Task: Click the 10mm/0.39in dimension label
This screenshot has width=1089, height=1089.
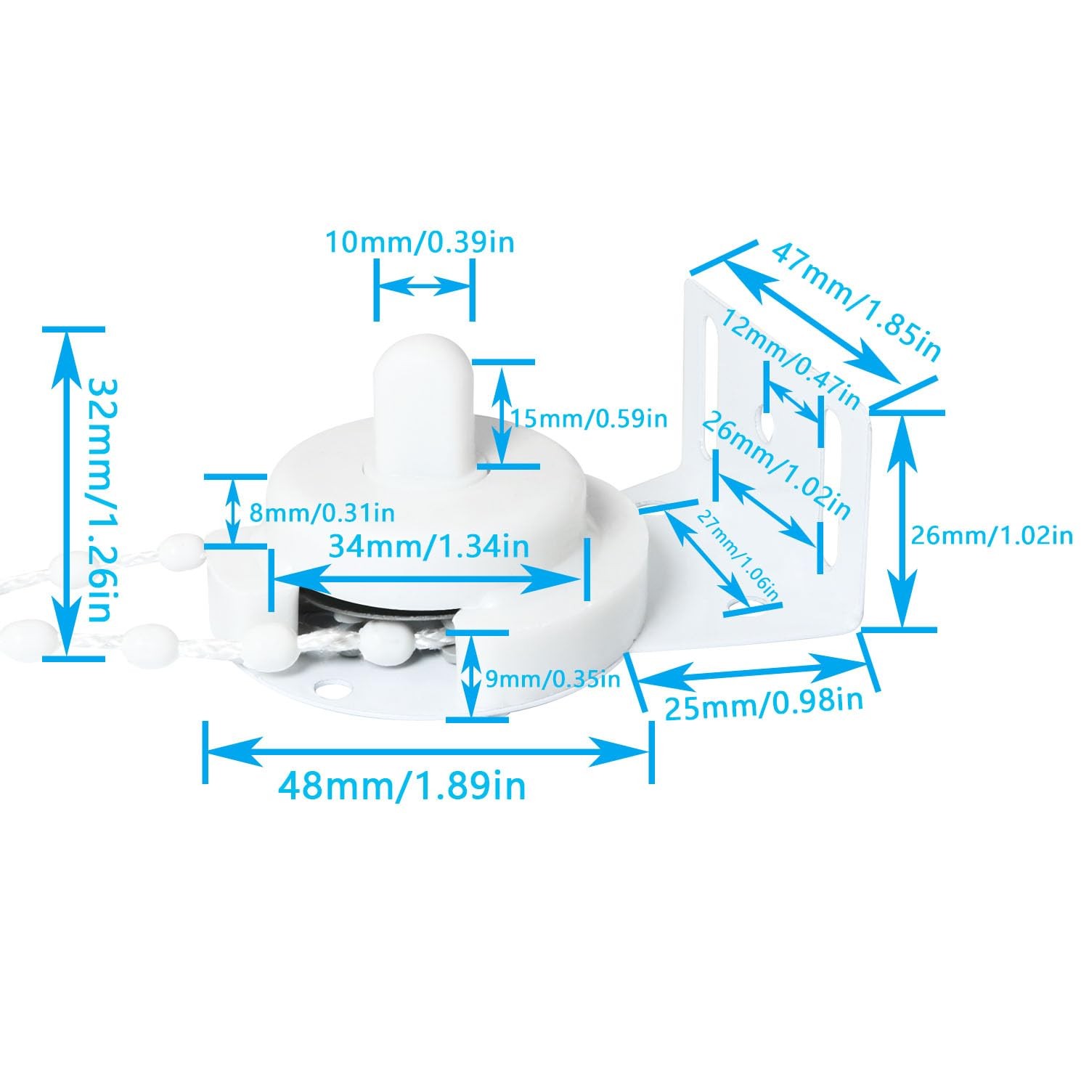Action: click(419, 241)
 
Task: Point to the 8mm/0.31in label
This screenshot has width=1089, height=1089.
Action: click(322, 513)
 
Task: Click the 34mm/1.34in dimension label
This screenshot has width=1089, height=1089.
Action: click(429, 546)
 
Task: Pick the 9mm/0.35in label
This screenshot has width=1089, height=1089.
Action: click(552, 679)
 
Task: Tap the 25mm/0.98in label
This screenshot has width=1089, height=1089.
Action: click(764, 703)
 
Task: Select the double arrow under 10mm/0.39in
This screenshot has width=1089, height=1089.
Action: click(425, 285)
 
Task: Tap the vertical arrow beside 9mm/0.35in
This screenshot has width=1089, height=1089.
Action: click(471, 676)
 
